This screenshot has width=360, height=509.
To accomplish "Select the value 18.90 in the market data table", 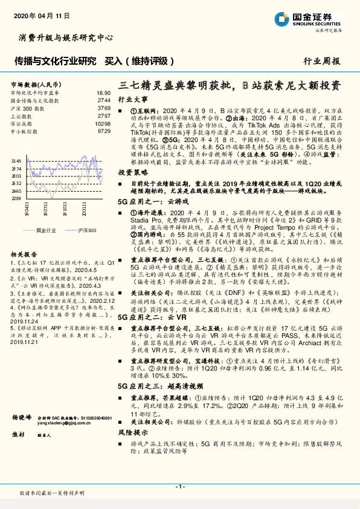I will (x=104, y=92).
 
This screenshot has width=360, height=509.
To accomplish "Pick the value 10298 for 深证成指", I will (x=103, y=123).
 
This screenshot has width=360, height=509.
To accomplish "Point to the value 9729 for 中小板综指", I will (x=104, y=131).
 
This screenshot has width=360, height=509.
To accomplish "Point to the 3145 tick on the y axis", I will (x=16, y=160).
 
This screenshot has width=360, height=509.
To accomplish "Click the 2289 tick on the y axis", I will (x=16, y=198).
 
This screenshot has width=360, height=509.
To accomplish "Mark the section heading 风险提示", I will (x=132, y=433).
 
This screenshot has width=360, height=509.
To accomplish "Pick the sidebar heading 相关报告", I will (x=23, y=256).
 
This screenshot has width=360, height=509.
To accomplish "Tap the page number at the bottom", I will (x=179, y=487).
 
